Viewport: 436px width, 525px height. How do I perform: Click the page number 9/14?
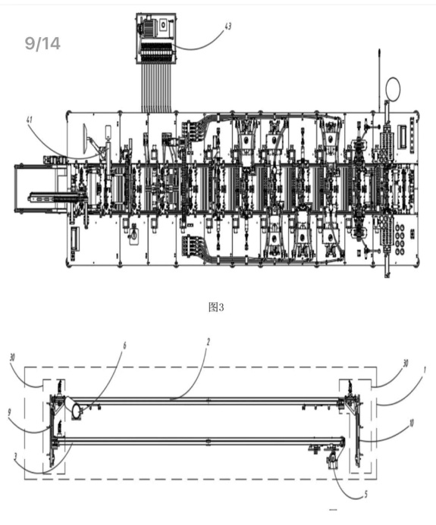42,43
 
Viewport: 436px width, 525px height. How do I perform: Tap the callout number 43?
228,26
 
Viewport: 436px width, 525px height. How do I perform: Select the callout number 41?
30,120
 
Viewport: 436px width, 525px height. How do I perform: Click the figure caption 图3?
216,307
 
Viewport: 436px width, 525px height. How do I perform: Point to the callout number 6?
124,345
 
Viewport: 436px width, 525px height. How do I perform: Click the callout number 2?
208,342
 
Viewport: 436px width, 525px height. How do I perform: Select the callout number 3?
15,456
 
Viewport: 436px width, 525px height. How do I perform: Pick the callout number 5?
366,494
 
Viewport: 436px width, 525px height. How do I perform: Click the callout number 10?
411,423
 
